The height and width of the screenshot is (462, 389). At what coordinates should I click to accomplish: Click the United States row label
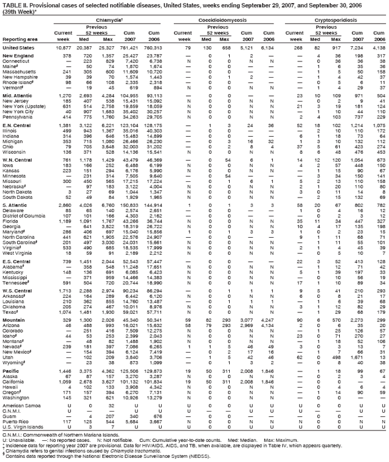click(18, 47)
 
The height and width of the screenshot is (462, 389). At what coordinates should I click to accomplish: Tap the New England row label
click(17, 56)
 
